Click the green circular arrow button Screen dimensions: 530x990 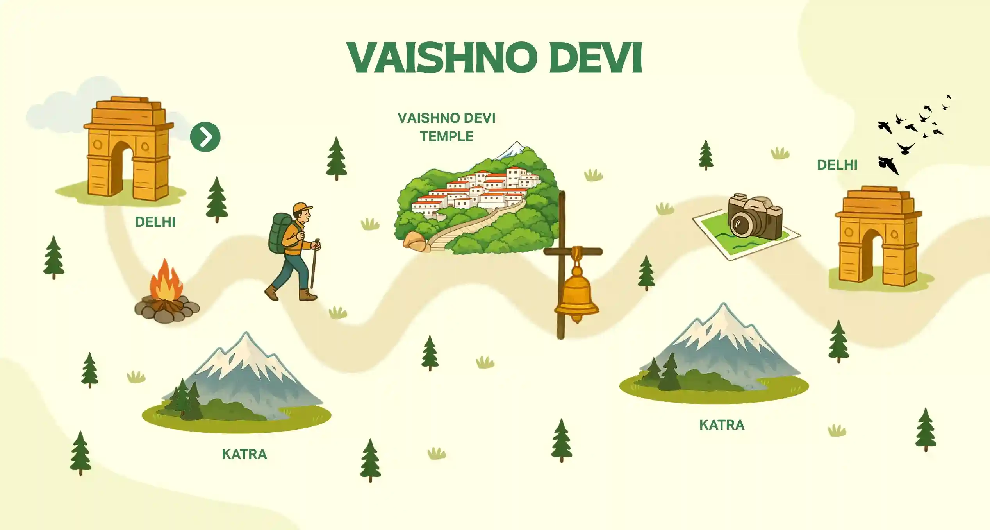coord(205,137)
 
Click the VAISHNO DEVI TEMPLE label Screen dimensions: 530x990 coord(446,127)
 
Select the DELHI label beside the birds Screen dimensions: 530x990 coord(837,165)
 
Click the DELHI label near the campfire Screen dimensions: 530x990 coord(155,222)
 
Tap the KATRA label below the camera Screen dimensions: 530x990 coord(722,425)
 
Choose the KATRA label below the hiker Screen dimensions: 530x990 coord(244,454)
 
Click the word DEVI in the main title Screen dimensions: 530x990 coord(596,57)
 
